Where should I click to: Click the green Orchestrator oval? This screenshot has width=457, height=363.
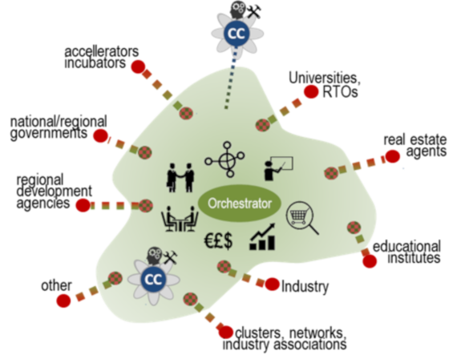pyautogui.click(x=240, y=203)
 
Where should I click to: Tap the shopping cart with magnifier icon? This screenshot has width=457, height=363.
pyautogui.click(x=302, y=217)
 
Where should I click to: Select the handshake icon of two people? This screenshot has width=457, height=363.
pyautogui.click(x=180, y=177)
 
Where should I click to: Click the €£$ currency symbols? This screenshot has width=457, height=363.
pyautogui.click(x=218, y=241)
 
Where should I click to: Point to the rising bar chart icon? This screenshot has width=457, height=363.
pyautogui.click(x=262, y=236)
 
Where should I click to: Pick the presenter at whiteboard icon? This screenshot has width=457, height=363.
pyautogui.click(x=278, y=169)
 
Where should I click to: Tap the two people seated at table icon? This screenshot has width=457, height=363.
pyautogui.click(x=180, y=219)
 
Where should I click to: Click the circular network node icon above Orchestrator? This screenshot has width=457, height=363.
pyautogui.click(x=224, y=159)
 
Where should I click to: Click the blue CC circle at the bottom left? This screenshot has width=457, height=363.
pyautogui.click(x=154, y=279)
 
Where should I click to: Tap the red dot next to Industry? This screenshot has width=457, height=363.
pyautogui.click(x=273, y=284)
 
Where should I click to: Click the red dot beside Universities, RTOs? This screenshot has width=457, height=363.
pyautogui.click(x=311, y=92)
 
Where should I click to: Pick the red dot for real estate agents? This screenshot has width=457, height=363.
pyautogui.click(x=392, y=156)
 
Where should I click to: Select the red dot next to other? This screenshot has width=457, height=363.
pyautogui.click(x=63, y=300)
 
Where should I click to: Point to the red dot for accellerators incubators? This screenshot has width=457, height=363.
pyautogui.click(x=138, y=67)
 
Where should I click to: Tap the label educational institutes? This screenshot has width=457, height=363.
pyautogui.click(x=406, y=252)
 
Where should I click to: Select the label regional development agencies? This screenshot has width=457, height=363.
pyautogui.click(x=55, y=192)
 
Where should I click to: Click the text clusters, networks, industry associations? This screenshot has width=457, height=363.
pyautogui.click(x=285, y=338)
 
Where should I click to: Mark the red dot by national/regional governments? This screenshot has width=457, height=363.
pyautogui.click(x=100, y=135)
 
